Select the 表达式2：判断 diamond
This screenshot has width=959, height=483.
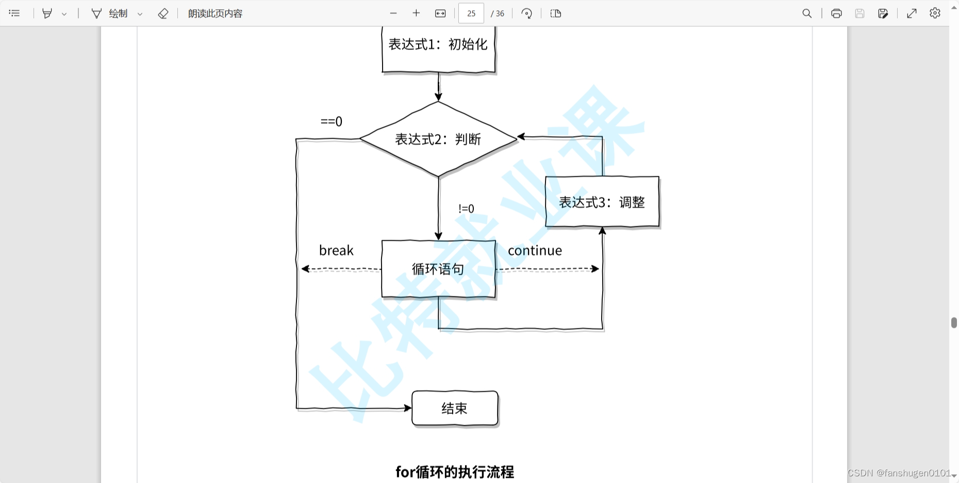[x=438, y=139]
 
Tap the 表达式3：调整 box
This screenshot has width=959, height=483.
[x=602, y=202]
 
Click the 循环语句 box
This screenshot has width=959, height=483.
[x=438, y=269]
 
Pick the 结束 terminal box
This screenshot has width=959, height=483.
[x=455, y=408]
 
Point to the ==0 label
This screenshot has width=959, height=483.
[x=331, y=122]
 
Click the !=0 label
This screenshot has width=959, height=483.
[x=466, y=209]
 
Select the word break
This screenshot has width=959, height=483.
[x=336, y=251]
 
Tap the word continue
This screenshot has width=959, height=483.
[x=535, y=251]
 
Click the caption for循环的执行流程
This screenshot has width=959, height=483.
[x=454, y=472]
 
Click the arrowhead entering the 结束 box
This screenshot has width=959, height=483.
[x=408, y=408]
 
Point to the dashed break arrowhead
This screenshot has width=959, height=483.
[x=305, y=269]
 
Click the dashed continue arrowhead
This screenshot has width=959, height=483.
[x=596, y=269]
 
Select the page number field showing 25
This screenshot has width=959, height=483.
[x=471, y=13]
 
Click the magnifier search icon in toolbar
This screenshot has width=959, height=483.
[x=807, y=13]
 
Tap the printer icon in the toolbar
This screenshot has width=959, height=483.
[x=836, y=13]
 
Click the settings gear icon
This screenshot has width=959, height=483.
[x=935, y=13]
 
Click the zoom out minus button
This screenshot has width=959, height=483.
[x=393, y=13]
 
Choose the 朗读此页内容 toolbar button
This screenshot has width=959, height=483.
[x=215, y=13]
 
